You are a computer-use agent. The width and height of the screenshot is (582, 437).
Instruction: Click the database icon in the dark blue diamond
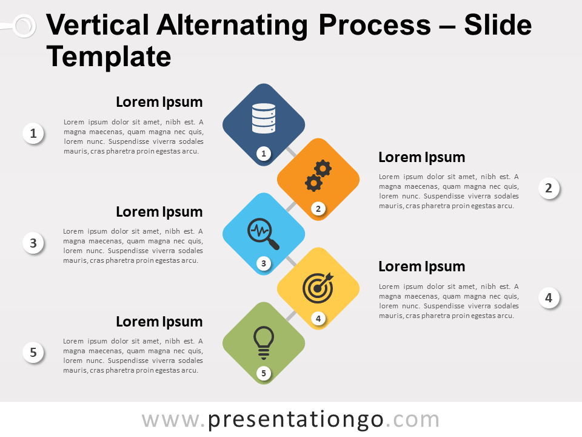pos(264,118)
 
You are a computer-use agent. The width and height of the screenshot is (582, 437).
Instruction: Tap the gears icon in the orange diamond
pos(318,176)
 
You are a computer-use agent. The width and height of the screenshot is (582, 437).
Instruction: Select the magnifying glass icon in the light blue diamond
pos(263,234)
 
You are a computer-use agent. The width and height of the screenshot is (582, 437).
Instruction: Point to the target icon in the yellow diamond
pos(318,288)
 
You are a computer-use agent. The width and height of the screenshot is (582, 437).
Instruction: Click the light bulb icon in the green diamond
pos(264,342)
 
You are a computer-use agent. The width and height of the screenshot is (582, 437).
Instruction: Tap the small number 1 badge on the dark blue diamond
pos(264,154)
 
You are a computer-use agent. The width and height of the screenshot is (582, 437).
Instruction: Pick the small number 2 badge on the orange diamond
pos(318,208)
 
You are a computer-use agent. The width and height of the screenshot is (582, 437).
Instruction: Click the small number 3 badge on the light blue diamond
pos(264,263)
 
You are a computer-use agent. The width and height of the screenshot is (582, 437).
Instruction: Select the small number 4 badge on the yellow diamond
pos(318,319)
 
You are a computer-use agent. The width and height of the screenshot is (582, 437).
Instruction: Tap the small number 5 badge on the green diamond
pos(264,373)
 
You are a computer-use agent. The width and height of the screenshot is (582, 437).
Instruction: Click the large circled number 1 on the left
pos(33,133)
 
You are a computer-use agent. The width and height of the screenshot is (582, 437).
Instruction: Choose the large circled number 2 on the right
pos(549,188)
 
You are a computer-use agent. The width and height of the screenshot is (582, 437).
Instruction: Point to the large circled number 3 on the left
pos(33,243)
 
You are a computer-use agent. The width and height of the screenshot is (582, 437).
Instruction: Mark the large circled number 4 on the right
pos(549,297)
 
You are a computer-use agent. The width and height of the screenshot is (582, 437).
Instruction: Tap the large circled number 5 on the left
pos(33,352)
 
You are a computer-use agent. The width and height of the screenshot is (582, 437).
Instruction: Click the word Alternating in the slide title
pos(232,26)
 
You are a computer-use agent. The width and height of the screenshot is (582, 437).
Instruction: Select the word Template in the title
pos(109,57)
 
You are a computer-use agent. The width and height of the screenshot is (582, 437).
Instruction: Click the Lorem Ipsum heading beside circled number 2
pos(422,157)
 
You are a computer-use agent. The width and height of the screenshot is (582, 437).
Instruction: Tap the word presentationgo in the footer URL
pos(295,420)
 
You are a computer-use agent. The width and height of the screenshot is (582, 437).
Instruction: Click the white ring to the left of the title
pos(25,25)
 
